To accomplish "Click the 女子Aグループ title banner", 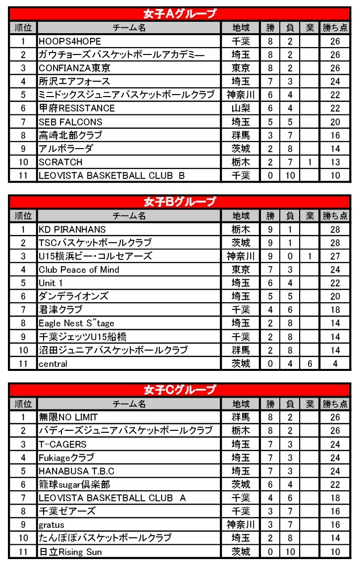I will (x=180, y=14).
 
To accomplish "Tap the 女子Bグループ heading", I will (x=180, y=202).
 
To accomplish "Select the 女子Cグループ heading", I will (x=180, y=390).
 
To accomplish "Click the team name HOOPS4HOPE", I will (x=70, y=41).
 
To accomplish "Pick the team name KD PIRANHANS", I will (x=72, y=229).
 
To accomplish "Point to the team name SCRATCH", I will (x=61, y=162).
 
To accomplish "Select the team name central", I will (x=53, y=364).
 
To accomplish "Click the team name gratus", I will (x=51, y=525).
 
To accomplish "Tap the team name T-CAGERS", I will (x=63, y=444).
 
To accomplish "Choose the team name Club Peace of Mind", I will (x=79, y=270).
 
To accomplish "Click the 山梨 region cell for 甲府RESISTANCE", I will (x=241, y=108).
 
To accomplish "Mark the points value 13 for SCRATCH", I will (x=335, y=162).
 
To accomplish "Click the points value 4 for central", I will (x=335, y=364).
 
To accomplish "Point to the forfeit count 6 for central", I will (x=309, y=364).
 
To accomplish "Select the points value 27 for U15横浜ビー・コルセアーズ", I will (x=335, y=257).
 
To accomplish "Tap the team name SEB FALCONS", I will (x=71, y=122).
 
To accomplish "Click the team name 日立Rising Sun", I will (x=71, y=552).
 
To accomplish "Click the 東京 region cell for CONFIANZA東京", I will (x=241, y=68).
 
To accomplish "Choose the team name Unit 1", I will (x=51, y=283).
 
